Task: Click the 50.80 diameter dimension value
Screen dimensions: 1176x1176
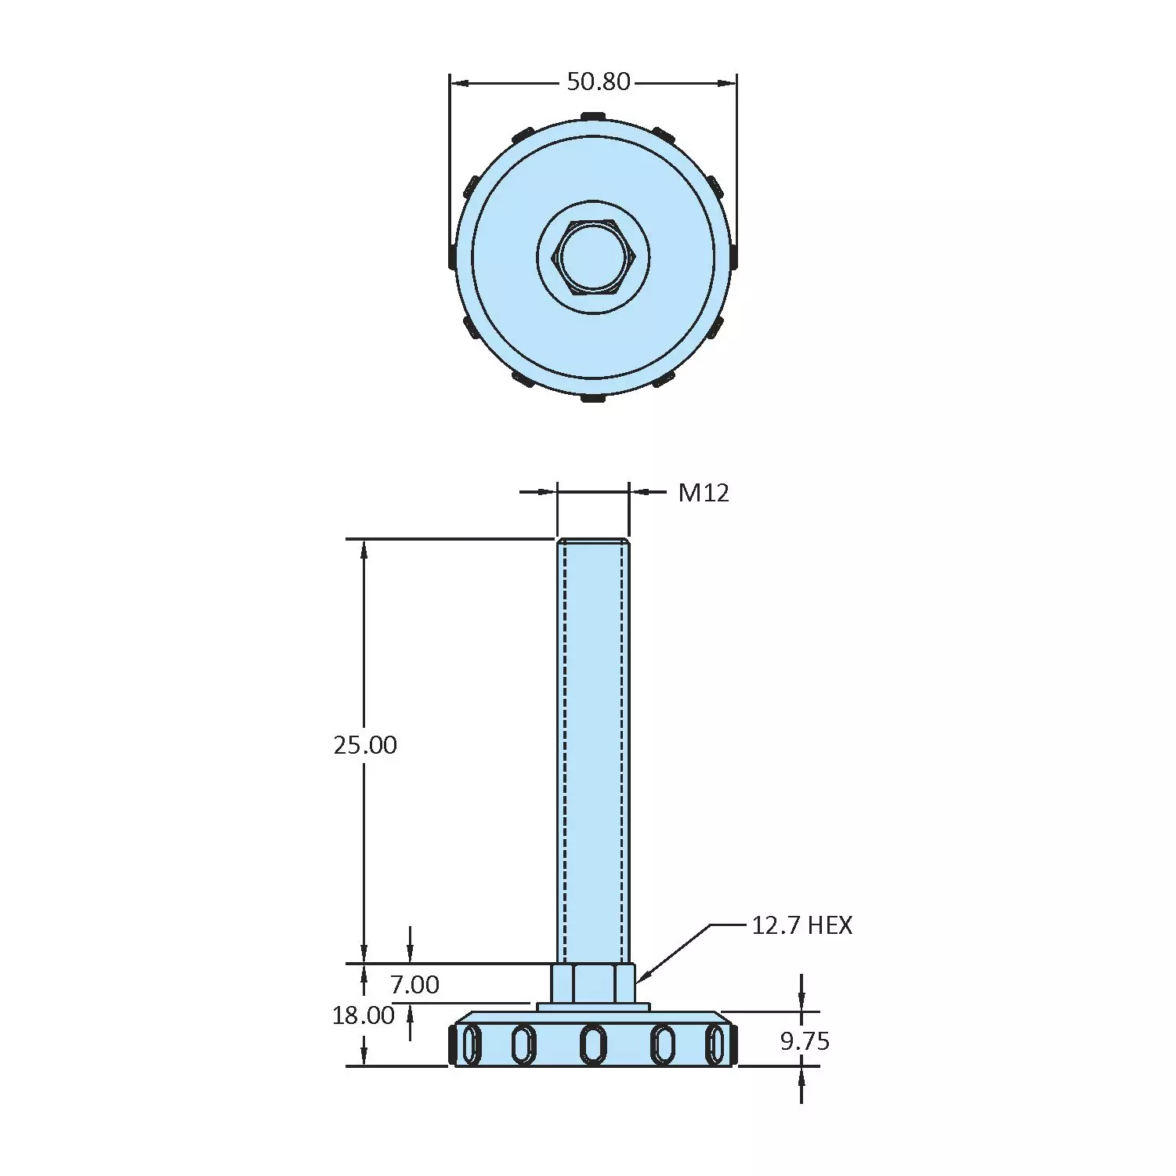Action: click(x=599, y=81)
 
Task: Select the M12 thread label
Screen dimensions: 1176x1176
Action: click(x=703, y=492)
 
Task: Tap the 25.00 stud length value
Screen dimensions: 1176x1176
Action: click(x=365, y=744)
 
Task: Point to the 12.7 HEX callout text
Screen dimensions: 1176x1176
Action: click(x=801, y=925)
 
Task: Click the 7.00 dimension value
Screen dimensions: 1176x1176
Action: click(x=414, y=984)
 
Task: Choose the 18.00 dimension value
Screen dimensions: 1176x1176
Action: click(x=363, y=1015)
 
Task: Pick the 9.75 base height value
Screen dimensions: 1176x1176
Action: click(x=805, y=1041)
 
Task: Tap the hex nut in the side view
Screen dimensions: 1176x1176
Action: click(x=593, y=983)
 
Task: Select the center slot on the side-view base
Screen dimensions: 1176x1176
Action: click(x=593, y=1044)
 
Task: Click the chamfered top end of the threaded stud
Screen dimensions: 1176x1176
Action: click(x=593, y=541)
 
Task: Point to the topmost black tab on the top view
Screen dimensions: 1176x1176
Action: click(x=593, y=117)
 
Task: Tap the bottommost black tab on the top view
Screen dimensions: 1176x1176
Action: click(x=593, y=398)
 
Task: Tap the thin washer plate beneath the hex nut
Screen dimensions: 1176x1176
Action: click(x=593, y=1007)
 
